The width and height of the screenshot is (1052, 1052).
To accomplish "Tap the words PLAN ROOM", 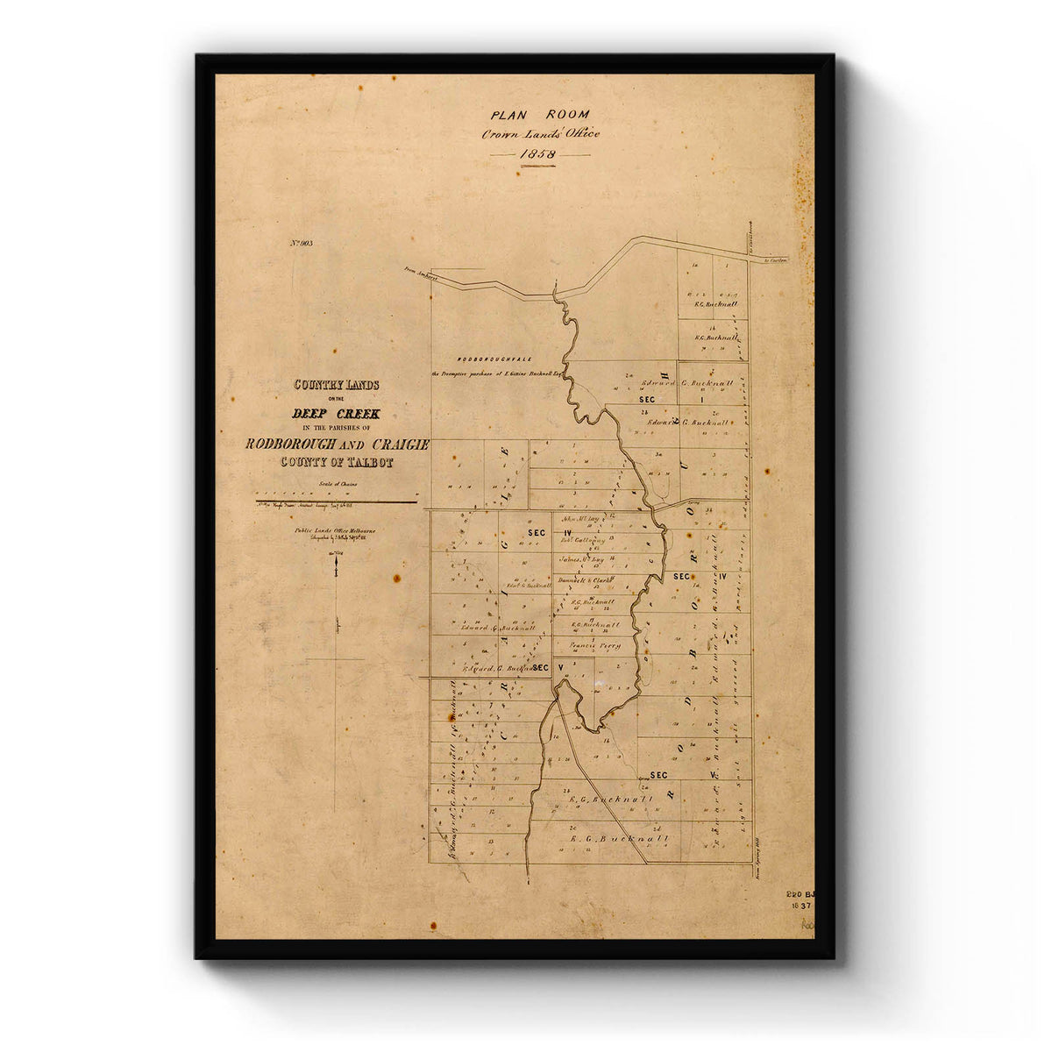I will (x=540, y=114).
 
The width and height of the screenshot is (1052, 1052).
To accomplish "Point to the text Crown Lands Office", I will (x=540, y=134).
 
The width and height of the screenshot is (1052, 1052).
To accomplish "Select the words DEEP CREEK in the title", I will (x=337, y=415).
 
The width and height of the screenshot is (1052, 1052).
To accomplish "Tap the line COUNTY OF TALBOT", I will (x=337, y=462).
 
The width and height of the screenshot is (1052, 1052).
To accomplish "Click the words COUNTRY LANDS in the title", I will (x=337, y=385).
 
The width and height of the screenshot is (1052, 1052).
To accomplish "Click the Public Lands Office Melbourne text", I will (x=337, y=530).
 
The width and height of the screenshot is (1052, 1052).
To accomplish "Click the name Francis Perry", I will (x=595, y=646).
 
